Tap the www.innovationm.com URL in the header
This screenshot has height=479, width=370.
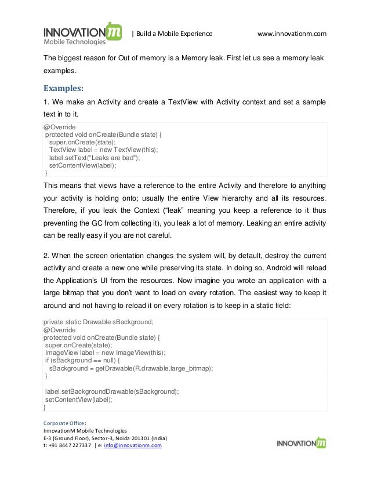pyautogui.click(x=292, y=34)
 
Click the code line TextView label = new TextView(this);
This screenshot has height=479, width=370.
pyautogui.click(x=103, y=149)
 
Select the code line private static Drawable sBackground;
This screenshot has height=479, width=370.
pyautogui.click(x=98, y=322)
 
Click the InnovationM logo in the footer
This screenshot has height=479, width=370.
pyautogui.click(x=300, y=444)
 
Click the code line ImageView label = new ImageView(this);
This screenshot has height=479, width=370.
pyautogui.click(x=106, y=353)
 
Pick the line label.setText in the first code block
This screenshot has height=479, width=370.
pyautogui.click(x=95, y=157)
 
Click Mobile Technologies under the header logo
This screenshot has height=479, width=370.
pyautogui.click(x=75, y=42)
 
